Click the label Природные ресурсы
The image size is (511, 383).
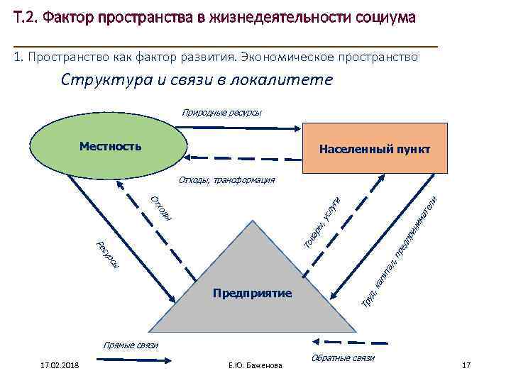[221, 112]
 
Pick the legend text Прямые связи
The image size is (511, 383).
[131, 345]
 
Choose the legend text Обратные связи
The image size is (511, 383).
[342, 358]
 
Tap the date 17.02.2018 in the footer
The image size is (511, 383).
[60, 365]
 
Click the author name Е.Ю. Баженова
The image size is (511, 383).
[255, 365]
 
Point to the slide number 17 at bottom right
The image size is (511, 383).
[466, 365]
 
